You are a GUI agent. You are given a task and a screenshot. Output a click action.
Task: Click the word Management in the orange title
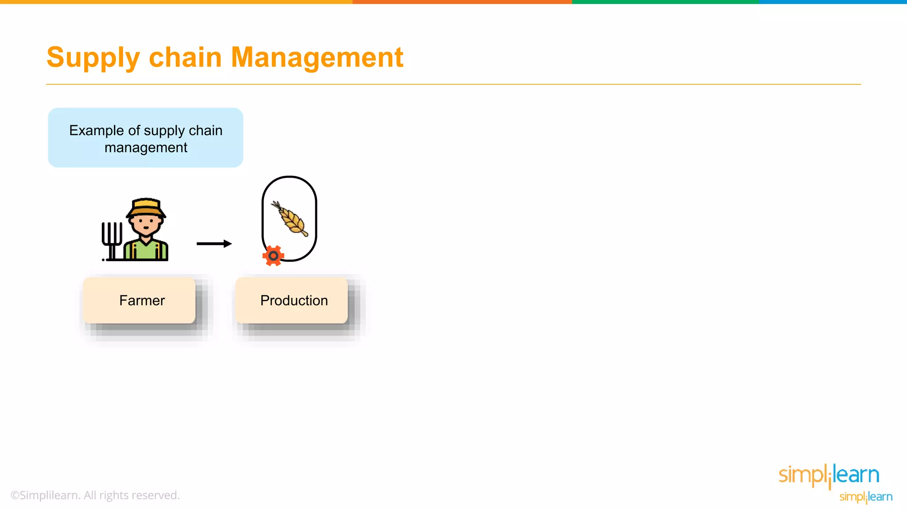[317, 58]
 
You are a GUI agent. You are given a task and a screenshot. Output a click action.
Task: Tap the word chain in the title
[185, 58]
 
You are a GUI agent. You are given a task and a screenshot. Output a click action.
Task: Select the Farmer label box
[139, 301]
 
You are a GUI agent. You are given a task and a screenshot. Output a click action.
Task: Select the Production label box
[291, 301]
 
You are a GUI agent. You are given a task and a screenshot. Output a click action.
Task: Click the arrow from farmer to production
[214, 243]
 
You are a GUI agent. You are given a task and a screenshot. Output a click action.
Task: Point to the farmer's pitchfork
[112, 239]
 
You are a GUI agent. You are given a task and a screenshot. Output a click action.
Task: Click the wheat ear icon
[291, 219]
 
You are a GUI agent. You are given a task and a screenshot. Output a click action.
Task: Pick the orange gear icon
[273, 255]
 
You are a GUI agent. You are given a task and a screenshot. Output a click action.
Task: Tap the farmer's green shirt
[146, 250]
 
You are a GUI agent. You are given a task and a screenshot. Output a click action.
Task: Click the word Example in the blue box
[96, 131]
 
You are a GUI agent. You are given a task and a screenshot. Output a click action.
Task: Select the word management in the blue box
[146, 147]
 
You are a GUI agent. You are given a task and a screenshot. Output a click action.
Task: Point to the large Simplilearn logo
[829, 475]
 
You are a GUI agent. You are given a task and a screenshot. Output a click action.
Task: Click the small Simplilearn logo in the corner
[866, 497]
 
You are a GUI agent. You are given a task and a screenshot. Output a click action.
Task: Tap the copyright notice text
[95, 495]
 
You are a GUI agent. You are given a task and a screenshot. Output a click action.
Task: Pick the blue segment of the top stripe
[833, 2]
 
